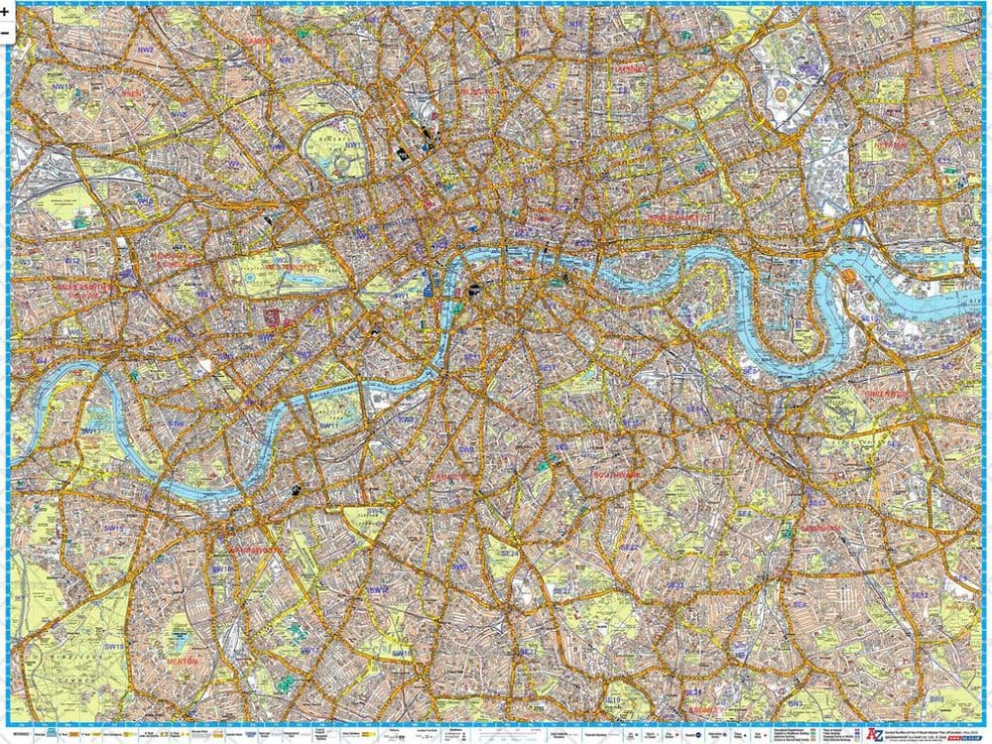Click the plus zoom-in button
click(x=6, y=10)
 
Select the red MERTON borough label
click(x=184, y=660)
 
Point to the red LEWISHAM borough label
click(x=822, y=528)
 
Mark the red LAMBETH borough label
click(x=451, y=477)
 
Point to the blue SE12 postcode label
click(x=921, y=595)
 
